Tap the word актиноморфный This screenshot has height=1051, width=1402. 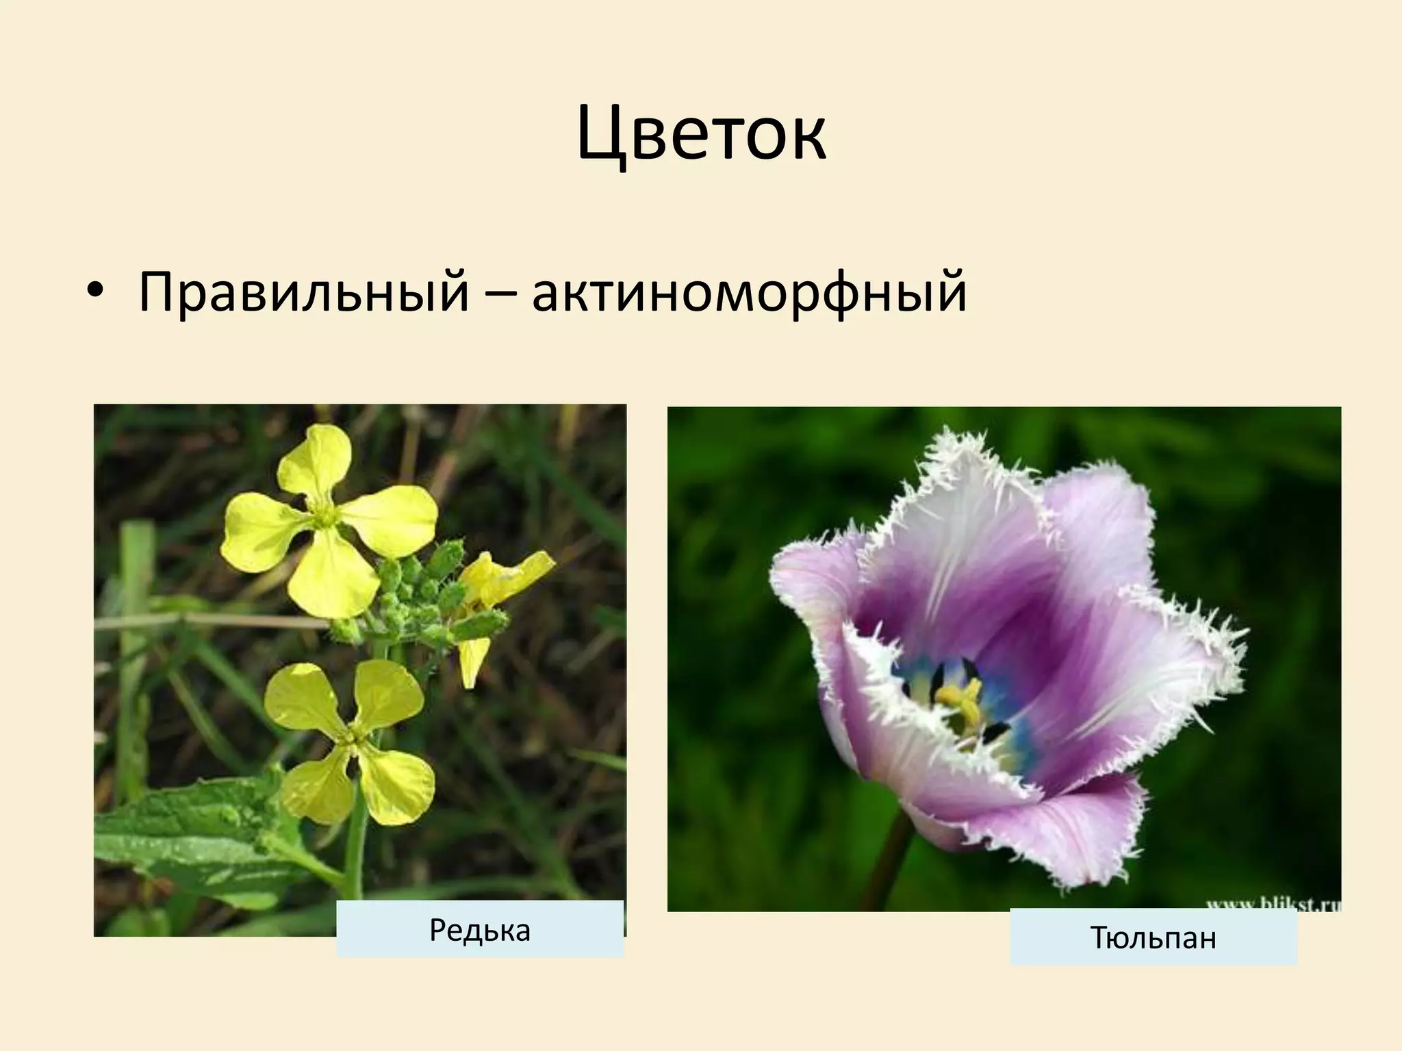[749, 292]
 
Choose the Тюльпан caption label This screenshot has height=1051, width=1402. [1153, 937]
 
